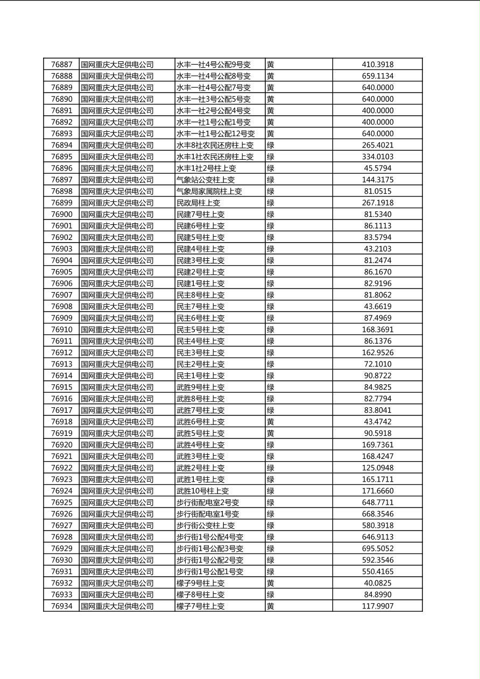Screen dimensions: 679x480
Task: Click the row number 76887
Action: pos(61,65)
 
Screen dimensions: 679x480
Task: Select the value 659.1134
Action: pos(377,76)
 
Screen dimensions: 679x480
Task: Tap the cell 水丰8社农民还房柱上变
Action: pos(215,145)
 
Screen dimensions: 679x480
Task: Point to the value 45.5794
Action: pos(377,168)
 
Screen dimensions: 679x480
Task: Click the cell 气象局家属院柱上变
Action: pos(209,191)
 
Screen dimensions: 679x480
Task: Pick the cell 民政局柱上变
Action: pos(198,203)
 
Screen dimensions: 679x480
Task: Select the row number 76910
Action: pos(61,329)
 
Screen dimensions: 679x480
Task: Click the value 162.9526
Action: pos(377,352)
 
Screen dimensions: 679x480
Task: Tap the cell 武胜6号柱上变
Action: pos(200,422)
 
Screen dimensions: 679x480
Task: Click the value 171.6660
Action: pos(377,491)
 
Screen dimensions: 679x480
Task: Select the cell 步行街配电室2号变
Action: pos(208,503)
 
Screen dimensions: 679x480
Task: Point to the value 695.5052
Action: pos(377,548)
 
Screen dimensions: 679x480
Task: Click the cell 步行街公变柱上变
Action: pos(206,526)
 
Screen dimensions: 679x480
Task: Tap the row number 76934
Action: pos(61,606)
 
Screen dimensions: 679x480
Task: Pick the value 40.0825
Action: pos(377,583)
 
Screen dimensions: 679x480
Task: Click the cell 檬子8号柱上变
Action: pos(200,595)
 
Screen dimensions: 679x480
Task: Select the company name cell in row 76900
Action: pos(117,214)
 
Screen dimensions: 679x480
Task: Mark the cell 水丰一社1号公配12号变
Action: pos(215,133)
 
